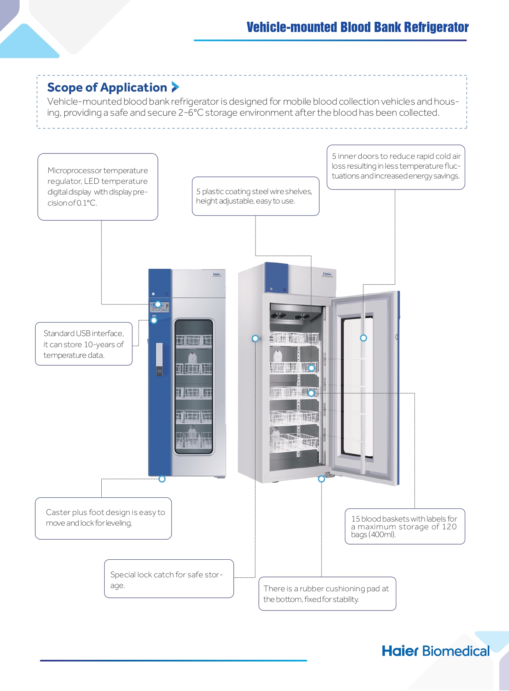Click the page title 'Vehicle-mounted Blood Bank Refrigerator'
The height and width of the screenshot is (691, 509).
point(358,27)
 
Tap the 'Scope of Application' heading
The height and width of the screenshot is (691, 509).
point(107,88)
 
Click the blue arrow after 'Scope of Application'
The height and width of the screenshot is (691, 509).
point(175,87)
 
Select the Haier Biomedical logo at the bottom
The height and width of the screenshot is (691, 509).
point(436,651)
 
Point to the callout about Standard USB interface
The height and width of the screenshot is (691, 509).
point(84,344)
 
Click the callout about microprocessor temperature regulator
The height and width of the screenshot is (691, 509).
point(98,187)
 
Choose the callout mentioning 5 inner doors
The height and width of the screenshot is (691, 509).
point(396,167)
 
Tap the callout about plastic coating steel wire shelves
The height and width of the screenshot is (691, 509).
point(256,196)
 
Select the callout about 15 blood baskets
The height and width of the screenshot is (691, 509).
point(405,526)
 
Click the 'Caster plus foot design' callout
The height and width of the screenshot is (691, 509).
point(103,518)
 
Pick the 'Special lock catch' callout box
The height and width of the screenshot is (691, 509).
point(169,579)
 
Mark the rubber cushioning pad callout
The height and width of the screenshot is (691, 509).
point(327,593)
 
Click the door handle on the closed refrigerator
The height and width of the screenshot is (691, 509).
point(159,359)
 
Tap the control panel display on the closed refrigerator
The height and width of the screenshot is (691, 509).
point(160,307)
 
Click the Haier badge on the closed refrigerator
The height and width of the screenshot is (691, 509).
point(217,274)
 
